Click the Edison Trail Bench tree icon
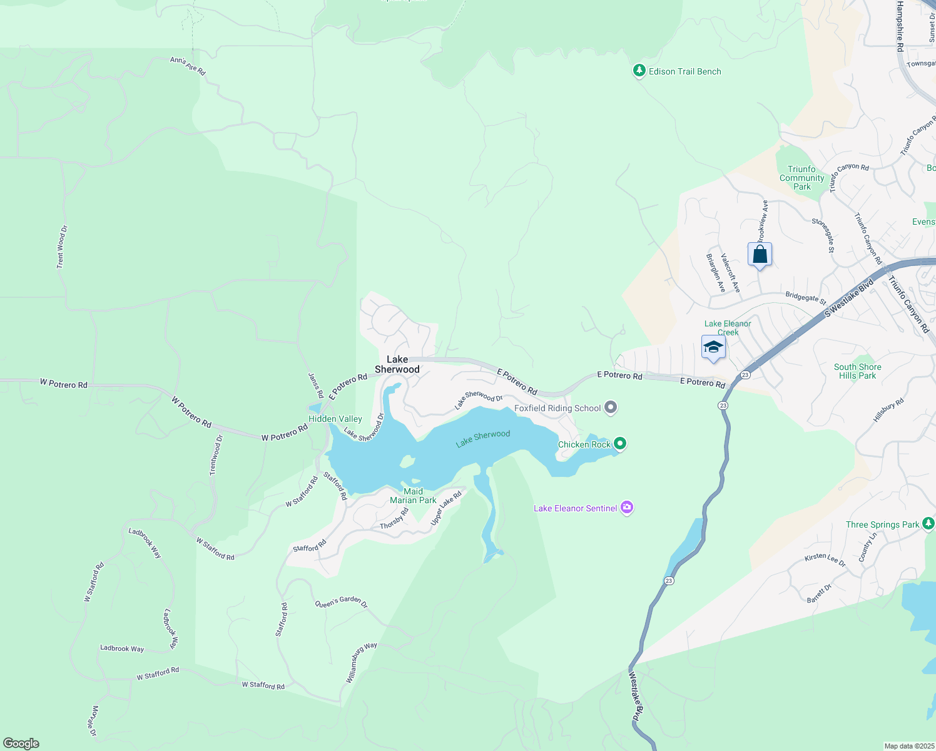coord(639,71)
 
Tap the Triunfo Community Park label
coord(801,178)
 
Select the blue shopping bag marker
coord(760,255)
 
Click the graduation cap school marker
coord(713,347)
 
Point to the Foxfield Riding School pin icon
coord(611,408)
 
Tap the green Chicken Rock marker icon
coord(620,444)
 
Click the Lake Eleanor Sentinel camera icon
coord(627,508)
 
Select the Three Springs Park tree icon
coord(929,524)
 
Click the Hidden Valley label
coord(335,419)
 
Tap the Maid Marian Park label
coord(413,496)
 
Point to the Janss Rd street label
coord(316,385)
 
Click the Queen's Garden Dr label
coord(341,603)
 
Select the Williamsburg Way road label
coord(362,662)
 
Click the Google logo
coord(21,743)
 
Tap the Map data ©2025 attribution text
coord(908,746)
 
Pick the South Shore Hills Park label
coord(857,371)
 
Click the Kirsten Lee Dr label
coord(825,559)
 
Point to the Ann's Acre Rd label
coord(188,66)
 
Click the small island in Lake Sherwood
coord(407,461)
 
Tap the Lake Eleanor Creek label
coord(728,327)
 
